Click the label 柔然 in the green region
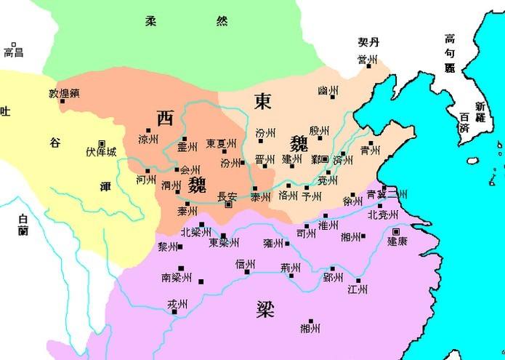185,21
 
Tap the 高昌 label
14,52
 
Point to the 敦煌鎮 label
63,93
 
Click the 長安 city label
227,196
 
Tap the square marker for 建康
396,231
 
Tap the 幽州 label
328,91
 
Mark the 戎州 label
177,304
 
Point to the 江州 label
357,289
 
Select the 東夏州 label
220,143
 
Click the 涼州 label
148,139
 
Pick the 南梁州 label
177,277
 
